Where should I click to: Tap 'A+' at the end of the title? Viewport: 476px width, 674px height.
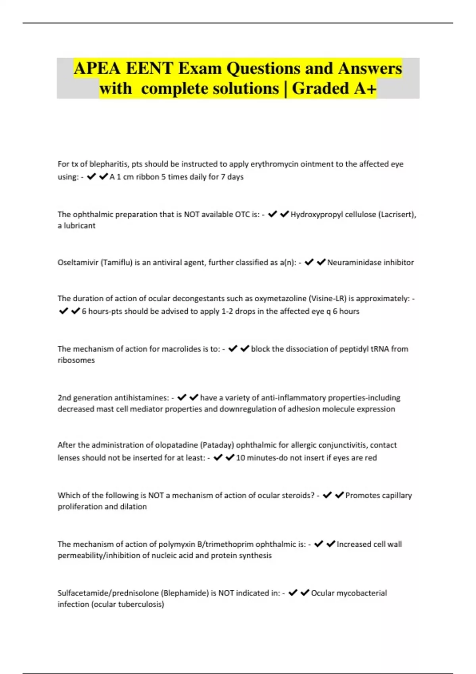point(365,88)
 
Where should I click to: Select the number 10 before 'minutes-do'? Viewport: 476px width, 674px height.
point(240,458)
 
